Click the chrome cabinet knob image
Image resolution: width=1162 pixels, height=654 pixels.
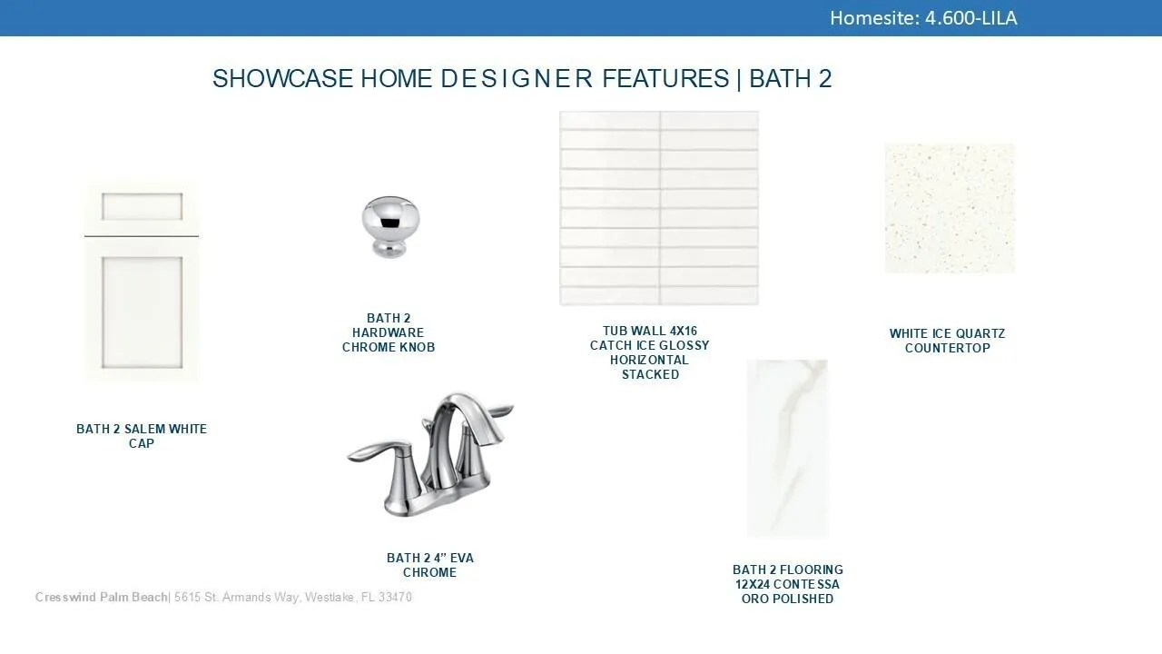[x=390, y=227]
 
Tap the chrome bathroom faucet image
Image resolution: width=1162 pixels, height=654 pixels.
[x=430, y=454]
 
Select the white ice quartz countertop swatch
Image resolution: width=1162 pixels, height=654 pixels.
[x=950, y=209]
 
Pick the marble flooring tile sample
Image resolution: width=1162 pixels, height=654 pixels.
[x=787, y=448]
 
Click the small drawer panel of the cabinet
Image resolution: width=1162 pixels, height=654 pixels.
[x=143, y=206]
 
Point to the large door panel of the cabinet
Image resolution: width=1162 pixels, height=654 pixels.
[x=143, y=312]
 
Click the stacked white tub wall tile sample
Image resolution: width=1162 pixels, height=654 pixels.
[x=659, y=208]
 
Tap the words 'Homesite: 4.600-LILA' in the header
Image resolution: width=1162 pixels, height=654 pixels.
[x=923, y=18]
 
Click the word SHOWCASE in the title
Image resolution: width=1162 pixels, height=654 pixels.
[x=282, y=78]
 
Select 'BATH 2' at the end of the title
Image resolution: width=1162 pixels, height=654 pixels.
[x=791, y=78]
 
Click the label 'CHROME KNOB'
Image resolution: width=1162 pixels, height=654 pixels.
[x=389, y=347]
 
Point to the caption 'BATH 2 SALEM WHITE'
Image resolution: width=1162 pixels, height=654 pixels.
[x=142, y=429]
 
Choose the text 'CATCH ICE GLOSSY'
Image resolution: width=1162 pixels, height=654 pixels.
[x=649, y=345]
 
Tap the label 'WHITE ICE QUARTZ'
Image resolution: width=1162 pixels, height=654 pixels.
[x=947, y=333]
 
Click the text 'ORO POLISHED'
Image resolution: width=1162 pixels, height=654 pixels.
[x=787, y=599]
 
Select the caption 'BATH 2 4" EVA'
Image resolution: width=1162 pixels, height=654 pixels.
[x=430, y=558]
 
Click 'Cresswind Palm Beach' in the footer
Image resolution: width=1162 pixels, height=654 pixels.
[x=101, y=597]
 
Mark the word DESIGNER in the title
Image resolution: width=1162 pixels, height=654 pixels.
[x=517, y=78]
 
